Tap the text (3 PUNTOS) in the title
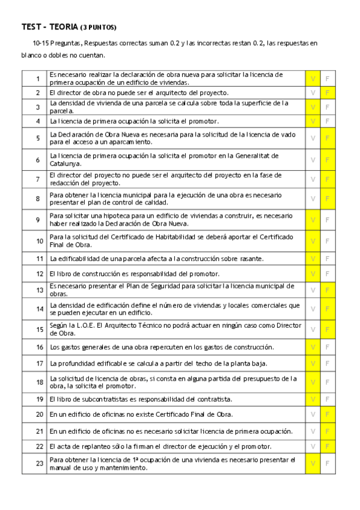pyautogui.click(x=98, y=28)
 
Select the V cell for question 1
pyautogui.click(x=313, y=78)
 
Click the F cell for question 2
pyautogui.click(x=328, y=93)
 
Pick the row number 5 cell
pyautogui.click(x=38, y=138)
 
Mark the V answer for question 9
pyautogui.click(x=313, y=220)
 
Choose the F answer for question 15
pyautogui.click(x=328, y=329)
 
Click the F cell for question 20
pyautogui.click(x=328, y=414)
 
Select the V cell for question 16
pyautogui.click(x=313, y=347)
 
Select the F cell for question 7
pyautogui.click(x=328, y=179)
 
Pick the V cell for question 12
pyautogui.click(x=313, y=274)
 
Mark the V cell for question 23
pyautogui.click(x=313, y=463)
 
